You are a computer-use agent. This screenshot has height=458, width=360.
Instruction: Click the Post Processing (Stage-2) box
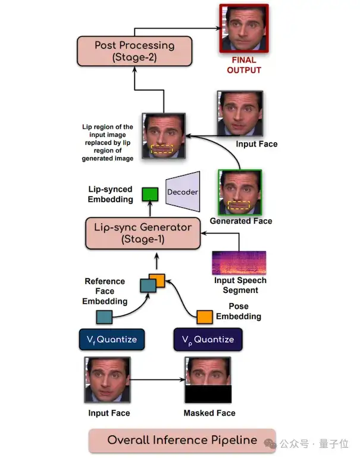134,51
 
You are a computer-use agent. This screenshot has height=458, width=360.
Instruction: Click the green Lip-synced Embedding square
149,195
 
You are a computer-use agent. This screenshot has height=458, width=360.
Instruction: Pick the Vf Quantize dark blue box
111,339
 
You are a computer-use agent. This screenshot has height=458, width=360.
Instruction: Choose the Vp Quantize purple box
208,339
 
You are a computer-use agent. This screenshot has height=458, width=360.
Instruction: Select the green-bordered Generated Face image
240,192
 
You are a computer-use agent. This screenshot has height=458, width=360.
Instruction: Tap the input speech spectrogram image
239,263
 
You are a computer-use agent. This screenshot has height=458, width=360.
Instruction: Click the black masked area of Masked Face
208,394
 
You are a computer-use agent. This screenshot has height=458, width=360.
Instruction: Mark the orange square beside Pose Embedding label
205,317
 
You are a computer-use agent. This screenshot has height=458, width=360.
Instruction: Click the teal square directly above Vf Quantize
104,317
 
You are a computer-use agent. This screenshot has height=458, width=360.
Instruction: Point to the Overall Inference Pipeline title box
182,441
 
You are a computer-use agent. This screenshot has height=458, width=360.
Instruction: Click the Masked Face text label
209,413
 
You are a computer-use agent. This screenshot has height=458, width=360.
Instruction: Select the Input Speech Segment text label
240,285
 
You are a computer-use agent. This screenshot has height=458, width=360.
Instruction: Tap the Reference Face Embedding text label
105,291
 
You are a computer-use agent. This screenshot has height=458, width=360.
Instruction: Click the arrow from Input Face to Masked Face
158,379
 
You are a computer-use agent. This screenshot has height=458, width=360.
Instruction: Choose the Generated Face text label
240,221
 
